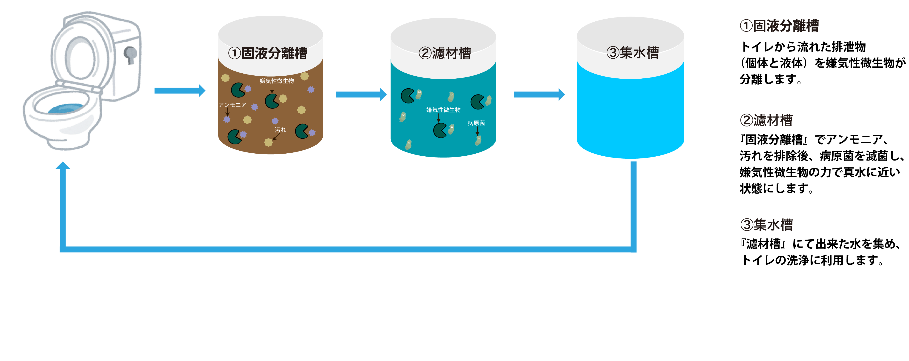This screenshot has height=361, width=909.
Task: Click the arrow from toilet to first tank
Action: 180,91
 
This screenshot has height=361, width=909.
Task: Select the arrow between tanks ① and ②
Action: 361,94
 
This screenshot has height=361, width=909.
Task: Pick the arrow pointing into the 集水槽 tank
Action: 539,94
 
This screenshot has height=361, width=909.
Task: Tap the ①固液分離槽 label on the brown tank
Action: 268,53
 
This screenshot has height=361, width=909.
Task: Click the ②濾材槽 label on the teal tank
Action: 445,53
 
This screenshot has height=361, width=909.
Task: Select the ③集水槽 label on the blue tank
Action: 632,53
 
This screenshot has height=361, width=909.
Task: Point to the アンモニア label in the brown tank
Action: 232,105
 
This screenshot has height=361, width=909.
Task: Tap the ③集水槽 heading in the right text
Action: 766,224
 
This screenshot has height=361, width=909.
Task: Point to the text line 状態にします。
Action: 776,189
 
